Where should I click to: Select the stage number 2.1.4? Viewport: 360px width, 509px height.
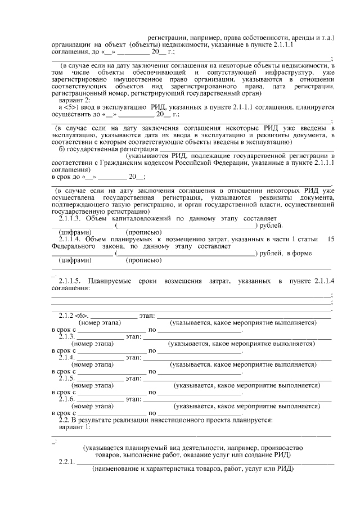click(x=67, y=357)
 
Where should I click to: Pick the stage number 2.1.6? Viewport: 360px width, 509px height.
click(x=67, y=399)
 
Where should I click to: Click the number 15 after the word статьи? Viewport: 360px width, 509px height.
click(x=331, y=239)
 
